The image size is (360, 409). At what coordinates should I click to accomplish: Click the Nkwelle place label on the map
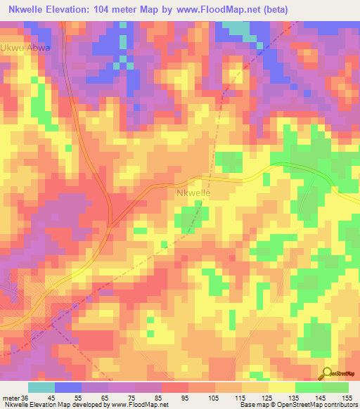pyautogui.click(x=193, y=191)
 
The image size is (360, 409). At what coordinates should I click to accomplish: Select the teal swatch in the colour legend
pyautogui.click(x=41, y=387)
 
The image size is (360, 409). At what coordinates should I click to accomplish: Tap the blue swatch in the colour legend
pyautogui.click(x=68, y=387)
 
